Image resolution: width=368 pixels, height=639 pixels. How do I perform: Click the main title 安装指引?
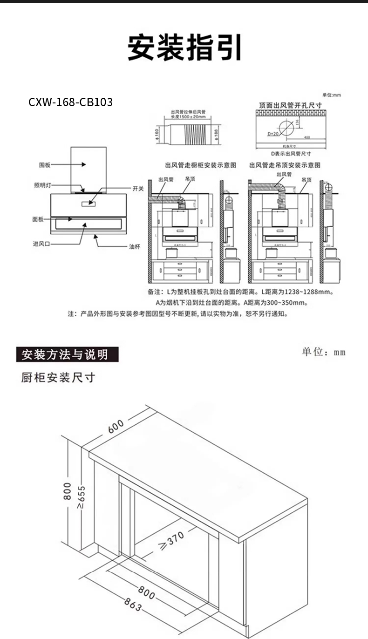tap(185, 48)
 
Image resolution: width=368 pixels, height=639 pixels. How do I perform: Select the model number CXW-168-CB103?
tap(71, 102)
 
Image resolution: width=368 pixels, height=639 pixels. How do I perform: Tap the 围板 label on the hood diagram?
tap(45, 165)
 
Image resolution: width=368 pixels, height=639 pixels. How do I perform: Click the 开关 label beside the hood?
tap(138, 189)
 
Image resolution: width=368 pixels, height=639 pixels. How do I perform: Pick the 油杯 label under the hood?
tap(134, 246)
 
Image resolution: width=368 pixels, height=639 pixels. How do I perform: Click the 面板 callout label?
tap(38, 219)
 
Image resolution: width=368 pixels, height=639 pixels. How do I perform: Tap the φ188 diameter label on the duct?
tap(217, 134)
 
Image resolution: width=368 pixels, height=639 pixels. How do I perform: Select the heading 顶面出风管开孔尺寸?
tap(291, 106)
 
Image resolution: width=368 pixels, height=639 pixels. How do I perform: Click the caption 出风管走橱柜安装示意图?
tap(201, 165)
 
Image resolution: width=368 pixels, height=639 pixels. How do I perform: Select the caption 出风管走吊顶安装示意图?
tap(285, 165)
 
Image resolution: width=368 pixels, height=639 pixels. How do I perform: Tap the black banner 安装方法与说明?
tap(68, 354)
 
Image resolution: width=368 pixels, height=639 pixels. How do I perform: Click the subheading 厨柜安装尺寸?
tap(58, 377)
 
